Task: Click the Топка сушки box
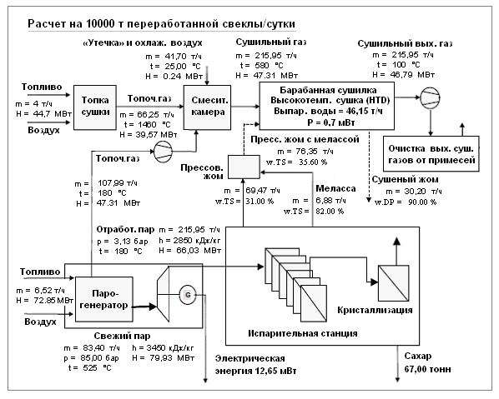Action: (95, 107)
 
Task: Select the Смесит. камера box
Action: (208, 107)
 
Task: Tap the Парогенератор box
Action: (103, 299)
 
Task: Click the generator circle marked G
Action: (188, 295)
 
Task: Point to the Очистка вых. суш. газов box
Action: (431, 154)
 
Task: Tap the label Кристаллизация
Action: (375, 310)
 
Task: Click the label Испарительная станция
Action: (303, 333)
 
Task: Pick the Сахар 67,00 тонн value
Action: (427, 369)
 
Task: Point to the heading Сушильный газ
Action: (271, 42)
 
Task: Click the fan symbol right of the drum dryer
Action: (431, 97)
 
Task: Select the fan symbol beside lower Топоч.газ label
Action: (163, 152)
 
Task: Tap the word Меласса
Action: (335, 189)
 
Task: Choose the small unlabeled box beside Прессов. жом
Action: (244, 167)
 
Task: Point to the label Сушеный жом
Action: (405, 179)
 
